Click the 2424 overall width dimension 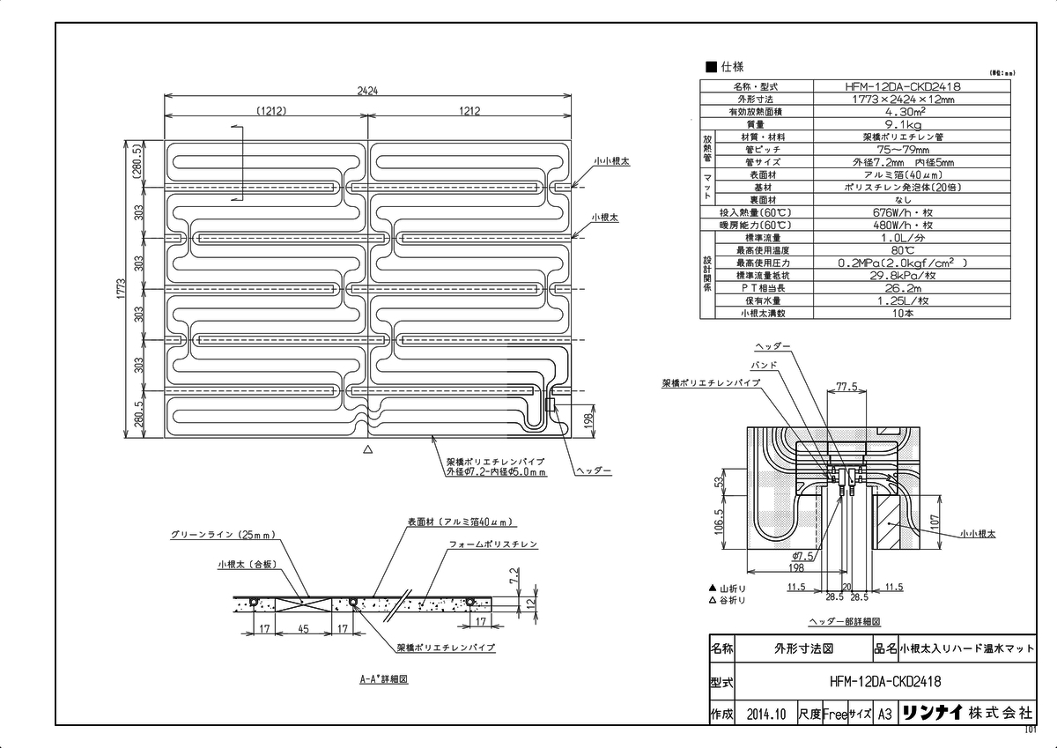368,91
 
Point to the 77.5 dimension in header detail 846,386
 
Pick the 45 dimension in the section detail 302,630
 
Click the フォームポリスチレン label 493,544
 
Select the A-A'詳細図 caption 382,680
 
